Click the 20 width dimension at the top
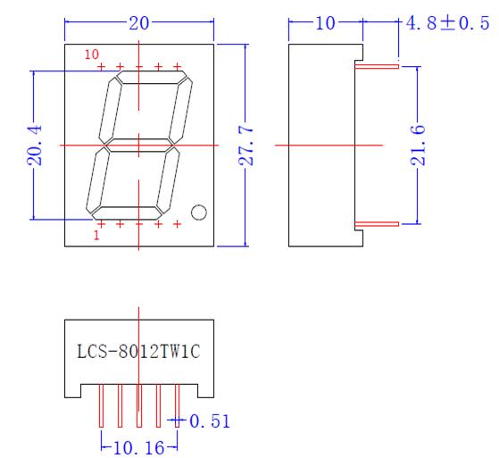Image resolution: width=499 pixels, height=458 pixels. pyautogui.click(x=139, y=24)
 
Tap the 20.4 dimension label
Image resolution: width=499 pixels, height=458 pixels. pyautogui.click(x=32, y=146)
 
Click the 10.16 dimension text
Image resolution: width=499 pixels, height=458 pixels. pyautogui.click(x=138, y=444)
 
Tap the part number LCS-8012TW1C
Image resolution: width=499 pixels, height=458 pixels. pyautogui.click(x=139, y=350)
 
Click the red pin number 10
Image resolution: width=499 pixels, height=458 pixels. pyautogui.click(x=91, y=55)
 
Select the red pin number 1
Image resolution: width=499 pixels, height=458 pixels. pyautogui.click(x=96, y=236)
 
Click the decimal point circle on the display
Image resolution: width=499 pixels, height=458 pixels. pyautogui.click(x=199, y=212)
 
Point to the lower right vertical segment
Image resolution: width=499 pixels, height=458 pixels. pyautogui.click(x=167, y=179)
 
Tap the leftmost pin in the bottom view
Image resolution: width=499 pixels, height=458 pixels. pyautogui.click(x=101, y=406)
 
